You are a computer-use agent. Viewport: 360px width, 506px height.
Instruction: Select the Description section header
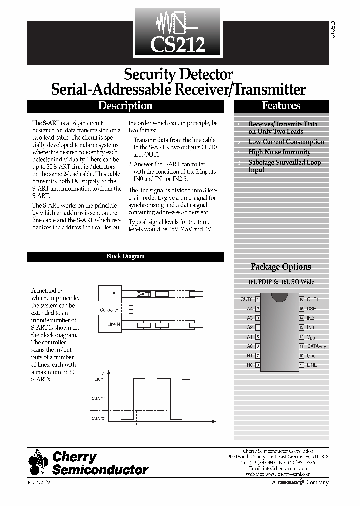[x=125, y=106]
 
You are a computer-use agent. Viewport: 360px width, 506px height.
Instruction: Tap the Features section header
[x=281, y=106]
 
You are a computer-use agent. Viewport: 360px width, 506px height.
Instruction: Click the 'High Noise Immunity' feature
[x=279, y=152]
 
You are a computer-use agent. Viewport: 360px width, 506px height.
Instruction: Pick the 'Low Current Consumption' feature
[x=286, y=142]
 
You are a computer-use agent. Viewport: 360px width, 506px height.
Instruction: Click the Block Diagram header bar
[x=125, y=256]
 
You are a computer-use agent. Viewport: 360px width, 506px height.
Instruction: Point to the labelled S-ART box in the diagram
[x=144, y=294]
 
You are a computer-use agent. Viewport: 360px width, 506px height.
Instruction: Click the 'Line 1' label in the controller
[x=114, y=292]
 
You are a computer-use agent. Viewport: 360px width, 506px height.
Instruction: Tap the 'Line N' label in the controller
[x=114, y=325]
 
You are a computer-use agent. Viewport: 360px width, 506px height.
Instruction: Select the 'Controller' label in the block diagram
[x=109, y=310]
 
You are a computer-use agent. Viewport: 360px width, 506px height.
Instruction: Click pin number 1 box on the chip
[x=257, y=299]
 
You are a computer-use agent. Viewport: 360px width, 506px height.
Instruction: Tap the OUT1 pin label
[x=312, y=299]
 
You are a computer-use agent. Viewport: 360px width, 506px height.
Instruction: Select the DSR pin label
[x=311, y=309]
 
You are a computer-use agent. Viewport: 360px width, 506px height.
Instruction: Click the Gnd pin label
[x=311, y=356]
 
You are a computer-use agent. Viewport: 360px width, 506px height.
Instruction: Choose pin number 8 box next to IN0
[x=257, y=365]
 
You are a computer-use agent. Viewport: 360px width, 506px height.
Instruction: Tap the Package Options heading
[x=281, y=267]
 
